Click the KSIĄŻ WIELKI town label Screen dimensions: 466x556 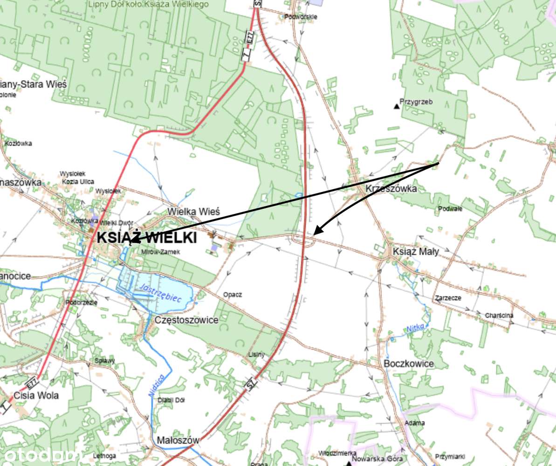coord(146,238)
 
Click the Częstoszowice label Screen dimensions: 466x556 coord(186,320)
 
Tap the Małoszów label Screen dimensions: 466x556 coord(178,440)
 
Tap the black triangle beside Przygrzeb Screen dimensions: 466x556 coord(397,107)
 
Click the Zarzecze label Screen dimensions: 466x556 coord(448,298)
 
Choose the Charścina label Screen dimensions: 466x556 coord(499,315)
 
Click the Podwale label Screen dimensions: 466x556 coord(450,209)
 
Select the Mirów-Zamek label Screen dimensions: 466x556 coord(160,252)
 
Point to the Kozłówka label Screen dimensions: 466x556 coord(18,143)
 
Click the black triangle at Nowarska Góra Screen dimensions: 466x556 coord(349,463)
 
